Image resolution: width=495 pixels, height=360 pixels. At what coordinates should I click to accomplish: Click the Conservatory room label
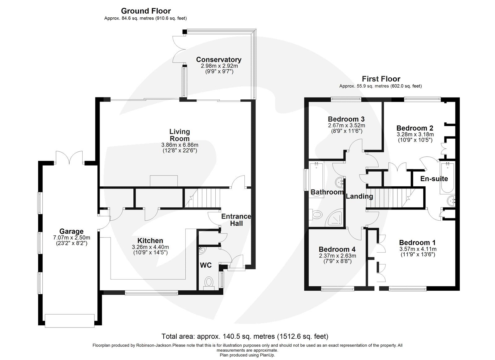click(x=218, y=60)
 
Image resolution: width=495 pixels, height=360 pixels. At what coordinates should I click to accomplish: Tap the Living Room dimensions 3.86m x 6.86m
click(x=180, y=145)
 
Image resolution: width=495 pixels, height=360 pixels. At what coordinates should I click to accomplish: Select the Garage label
click(x=71, y=231)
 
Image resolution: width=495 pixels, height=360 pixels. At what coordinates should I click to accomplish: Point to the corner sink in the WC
click(x=201, y=250)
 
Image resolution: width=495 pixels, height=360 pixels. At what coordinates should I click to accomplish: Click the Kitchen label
click(x=150, y=241)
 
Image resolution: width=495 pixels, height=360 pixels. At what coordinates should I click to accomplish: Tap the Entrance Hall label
click(x=236, y=219)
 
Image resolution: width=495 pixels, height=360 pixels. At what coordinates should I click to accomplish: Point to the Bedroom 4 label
click(x=337, y=249)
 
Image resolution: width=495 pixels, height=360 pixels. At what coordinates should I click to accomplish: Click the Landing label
click(x=359, y=196)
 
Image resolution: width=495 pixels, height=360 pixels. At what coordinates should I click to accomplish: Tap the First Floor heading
click(x=381, y=79)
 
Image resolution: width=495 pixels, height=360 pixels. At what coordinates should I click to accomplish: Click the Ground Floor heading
click(x=146, y=11)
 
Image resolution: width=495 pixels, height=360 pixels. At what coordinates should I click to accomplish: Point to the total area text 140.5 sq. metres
click(x=244, y=336)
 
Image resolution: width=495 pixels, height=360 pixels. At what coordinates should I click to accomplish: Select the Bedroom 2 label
click(x=415, y=128)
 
